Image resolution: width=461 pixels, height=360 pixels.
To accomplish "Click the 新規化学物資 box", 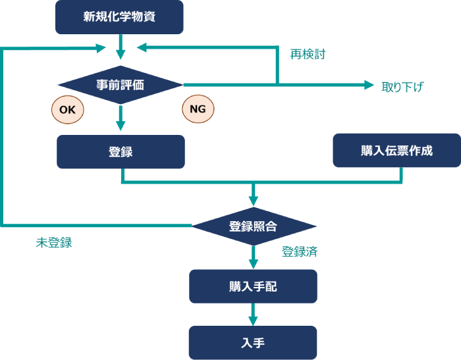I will (119, 17).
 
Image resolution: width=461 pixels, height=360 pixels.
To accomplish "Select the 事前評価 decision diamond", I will (121, 85).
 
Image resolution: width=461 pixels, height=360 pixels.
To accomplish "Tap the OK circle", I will (68, 110).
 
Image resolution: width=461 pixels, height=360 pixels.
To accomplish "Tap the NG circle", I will (198, 109).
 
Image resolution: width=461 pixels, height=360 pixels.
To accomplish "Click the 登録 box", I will (121, 152).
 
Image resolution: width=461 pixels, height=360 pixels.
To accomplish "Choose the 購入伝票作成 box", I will (396, 151).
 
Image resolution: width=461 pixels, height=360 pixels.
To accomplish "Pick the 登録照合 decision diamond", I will (253, 226).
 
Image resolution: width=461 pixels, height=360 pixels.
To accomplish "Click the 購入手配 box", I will (253, 286).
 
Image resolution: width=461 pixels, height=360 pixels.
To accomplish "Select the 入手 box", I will (253, 342).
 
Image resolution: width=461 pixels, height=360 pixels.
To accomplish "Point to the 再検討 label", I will (308, 54).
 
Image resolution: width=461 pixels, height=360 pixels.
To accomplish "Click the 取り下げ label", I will (402, 86).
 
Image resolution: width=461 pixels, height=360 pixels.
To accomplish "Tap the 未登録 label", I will (53, 242).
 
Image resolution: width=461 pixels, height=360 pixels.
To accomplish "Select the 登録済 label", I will (300, 251).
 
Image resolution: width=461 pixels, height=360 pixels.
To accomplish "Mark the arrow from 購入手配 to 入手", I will (253, 313).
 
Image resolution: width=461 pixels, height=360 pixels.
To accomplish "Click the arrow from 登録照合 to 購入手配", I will (253, 256).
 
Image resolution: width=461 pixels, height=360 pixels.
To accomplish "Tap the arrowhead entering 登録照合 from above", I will (253, 200).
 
